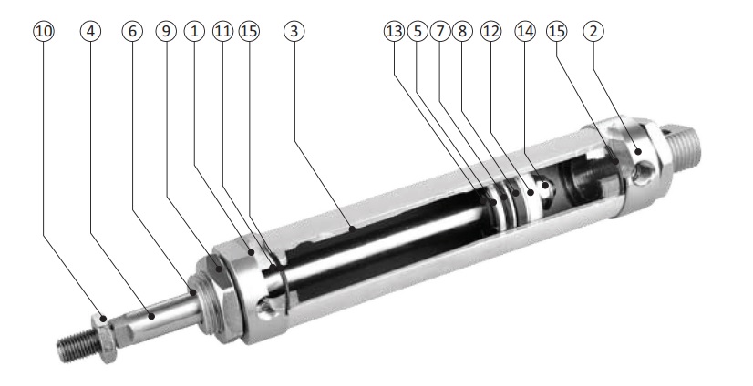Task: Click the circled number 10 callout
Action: click(44, 32)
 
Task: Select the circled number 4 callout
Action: click(91, 32)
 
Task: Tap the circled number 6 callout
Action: click(132, 32)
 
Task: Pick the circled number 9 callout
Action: click(166, 32)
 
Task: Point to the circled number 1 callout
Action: click(194, 32)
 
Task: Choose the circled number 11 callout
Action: click(222, 32)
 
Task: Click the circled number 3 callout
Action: click(294, 32)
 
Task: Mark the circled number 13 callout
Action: click(394, 32)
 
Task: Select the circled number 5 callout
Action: click(418, 32)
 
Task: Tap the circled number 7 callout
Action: click(440, 32)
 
